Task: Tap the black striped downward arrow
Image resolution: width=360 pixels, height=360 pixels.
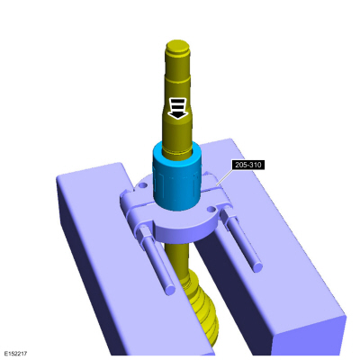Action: tap(178, 109)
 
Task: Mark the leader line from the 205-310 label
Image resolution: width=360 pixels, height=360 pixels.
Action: tap(220, 180)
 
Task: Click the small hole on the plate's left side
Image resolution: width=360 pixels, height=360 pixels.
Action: tap(142, 190)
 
